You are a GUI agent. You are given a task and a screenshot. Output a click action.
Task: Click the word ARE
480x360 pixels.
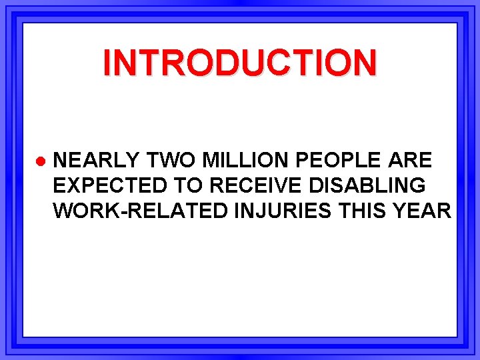pos(409,160)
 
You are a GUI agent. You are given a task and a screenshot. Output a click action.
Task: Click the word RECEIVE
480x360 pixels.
pos(250,186)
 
